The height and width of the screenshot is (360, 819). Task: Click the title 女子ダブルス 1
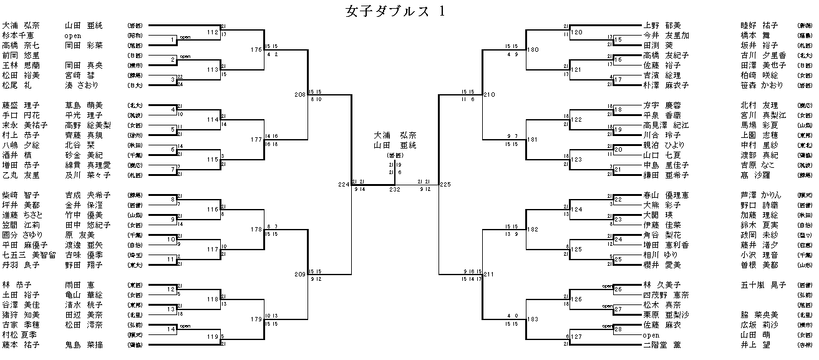click(395, 11)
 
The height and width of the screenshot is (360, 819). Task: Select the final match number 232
click(394, 189)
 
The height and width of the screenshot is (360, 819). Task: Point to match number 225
click(445, 185)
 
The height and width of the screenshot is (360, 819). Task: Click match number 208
click(301, 95)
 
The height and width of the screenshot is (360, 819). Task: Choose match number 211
click(488, 274)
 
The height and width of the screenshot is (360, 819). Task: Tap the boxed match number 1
click(174, 41)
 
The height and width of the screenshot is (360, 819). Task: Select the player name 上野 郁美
click(666, 26)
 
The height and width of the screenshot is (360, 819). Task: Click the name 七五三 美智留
click(29, 255)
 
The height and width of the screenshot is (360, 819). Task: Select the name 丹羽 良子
click(21, 265)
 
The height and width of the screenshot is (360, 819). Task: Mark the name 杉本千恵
click(21, 36)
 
